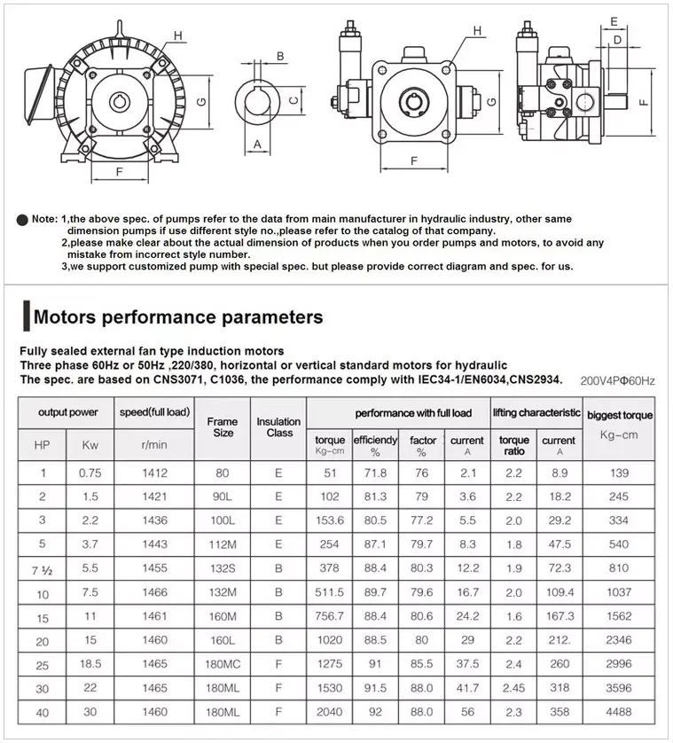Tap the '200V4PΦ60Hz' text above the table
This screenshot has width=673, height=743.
617,381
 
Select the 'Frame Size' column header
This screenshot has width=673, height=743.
223,427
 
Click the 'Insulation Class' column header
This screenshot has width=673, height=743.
279,427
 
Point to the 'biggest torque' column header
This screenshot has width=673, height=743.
620,415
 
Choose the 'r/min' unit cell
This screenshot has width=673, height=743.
154,444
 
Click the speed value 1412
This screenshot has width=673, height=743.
154,473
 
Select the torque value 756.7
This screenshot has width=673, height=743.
330,615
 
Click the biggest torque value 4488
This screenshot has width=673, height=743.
619,711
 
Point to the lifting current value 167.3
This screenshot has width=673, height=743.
560,615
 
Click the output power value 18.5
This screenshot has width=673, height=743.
90,663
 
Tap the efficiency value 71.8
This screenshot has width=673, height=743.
375,473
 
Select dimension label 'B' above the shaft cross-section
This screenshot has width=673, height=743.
279,57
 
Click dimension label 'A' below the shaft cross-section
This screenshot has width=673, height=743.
257,143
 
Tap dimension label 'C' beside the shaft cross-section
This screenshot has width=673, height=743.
293,100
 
